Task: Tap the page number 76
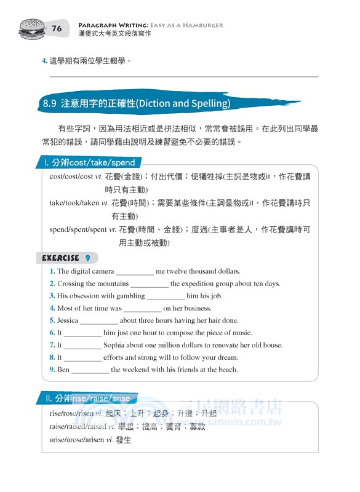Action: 57,28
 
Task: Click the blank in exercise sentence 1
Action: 135,271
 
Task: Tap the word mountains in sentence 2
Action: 112,284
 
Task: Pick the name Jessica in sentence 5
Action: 68,320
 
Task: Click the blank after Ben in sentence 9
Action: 90,370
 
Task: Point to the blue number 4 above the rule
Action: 44,61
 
